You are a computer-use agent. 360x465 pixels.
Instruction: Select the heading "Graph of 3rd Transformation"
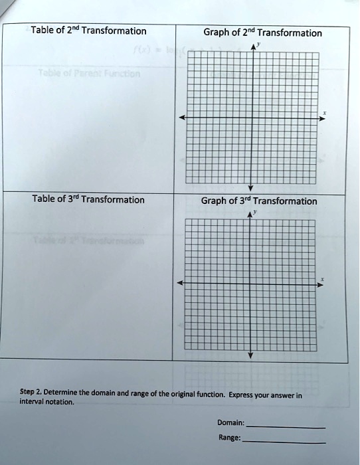coord(259,201)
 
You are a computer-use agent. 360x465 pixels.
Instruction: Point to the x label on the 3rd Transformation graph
coord(323,279)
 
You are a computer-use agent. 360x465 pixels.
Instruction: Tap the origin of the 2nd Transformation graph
coord(251,118)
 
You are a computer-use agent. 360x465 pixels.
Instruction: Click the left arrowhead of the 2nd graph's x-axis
coord(181,118)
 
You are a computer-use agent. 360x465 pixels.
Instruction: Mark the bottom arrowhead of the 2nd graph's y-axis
coord(251,188)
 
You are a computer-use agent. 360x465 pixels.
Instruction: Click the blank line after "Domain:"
coord(286,426)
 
